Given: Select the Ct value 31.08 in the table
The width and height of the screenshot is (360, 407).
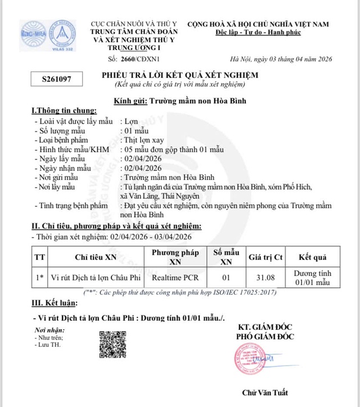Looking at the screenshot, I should click(265, 277).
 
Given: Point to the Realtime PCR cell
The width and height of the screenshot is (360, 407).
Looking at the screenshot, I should click(175, 277).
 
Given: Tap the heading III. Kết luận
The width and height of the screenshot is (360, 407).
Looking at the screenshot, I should click(53, 304).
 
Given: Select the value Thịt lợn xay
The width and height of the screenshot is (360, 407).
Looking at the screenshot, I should click(143, 140).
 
